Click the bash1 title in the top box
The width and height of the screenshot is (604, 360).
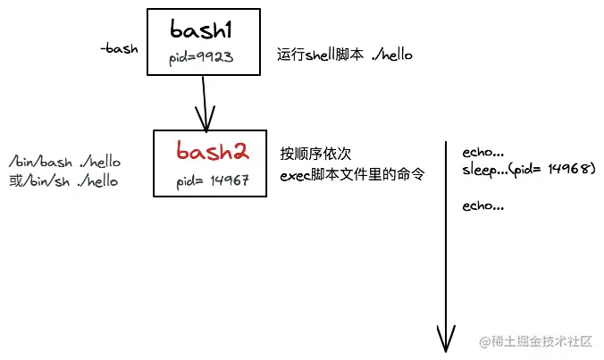click(x=201, y=29)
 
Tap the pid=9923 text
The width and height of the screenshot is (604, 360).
click(x=201, y=58)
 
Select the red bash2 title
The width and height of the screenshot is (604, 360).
click(x=213, y=151)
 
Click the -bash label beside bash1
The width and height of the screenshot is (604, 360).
click(x=119, y=48)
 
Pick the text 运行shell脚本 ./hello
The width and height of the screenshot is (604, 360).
click(x=345, y=54)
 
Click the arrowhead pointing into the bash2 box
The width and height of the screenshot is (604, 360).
click(x=206, y=119)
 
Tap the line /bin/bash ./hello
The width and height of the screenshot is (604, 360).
click(x=64, y=162)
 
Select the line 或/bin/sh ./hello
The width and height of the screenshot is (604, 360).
click(x=63, y=180)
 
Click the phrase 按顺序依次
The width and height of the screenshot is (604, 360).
click(x=315, y=154)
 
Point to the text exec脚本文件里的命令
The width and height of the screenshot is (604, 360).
click(x=352, y=175)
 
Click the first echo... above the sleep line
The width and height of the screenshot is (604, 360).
click(x=483, y=153)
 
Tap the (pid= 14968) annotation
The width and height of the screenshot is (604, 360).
click(x=552, y=169)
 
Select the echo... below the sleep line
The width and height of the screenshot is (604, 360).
click(x=483, y=206)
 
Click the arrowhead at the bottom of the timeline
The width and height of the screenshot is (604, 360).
click(x=446, y=339)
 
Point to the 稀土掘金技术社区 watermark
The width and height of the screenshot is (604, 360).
click(x=541, y=341)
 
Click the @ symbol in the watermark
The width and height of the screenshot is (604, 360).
click(x=484, y=341)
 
